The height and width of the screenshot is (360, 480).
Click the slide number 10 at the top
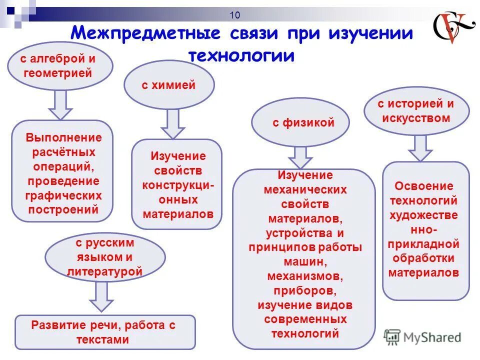click(x=235, y=15)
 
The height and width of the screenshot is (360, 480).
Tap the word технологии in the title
click(x=241, y=54)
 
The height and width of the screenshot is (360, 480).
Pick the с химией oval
click(x=168, y=85)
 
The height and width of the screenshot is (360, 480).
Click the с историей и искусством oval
click(x=415, y=111)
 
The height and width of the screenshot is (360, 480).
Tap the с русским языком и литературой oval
click(x=105, y=258)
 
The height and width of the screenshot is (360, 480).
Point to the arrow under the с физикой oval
click(x=300, y=157)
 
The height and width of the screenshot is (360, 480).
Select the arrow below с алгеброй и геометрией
click(x=60, y=104)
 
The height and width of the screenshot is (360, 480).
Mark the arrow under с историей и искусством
click(x=420, y=148)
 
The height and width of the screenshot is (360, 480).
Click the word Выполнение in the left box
click(x=63, y=137)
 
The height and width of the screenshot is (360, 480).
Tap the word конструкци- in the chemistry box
click(x=178, y=185)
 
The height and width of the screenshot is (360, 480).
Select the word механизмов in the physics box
click(x=305, y=276)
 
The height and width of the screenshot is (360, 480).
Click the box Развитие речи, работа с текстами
click(x=105, y=332)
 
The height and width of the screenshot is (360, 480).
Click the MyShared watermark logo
click(x=423, y=336)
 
